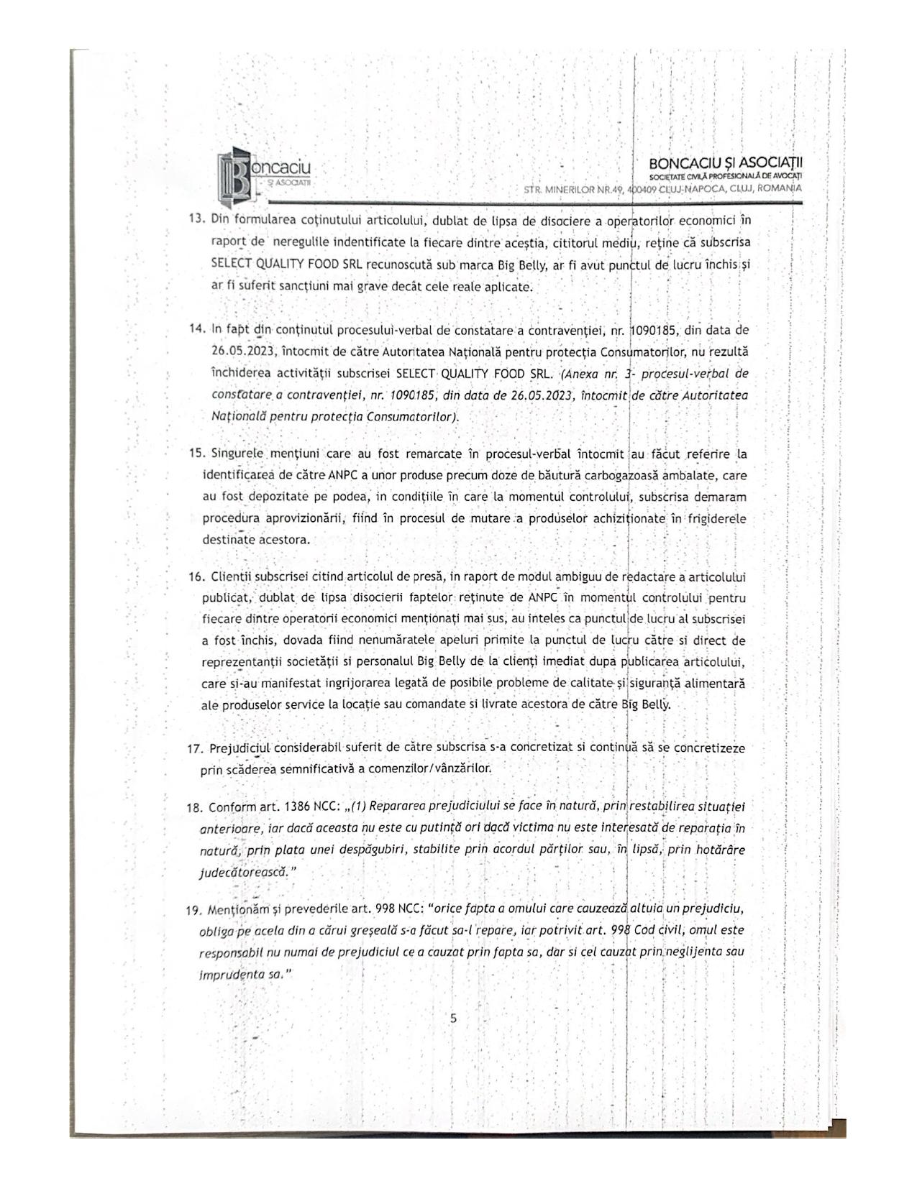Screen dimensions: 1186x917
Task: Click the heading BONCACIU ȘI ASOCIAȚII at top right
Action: [x=726, y=163]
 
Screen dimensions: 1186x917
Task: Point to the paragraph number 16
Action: [x=196, y=577]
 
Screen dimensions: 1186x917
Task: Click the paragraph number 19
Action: [x=195, y=910]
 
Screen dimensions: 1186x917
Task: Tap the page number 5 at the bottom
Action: [x=453, y=1018]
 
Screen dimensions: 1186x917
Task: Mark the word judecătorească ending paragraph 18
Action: [x=243, y=872]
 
